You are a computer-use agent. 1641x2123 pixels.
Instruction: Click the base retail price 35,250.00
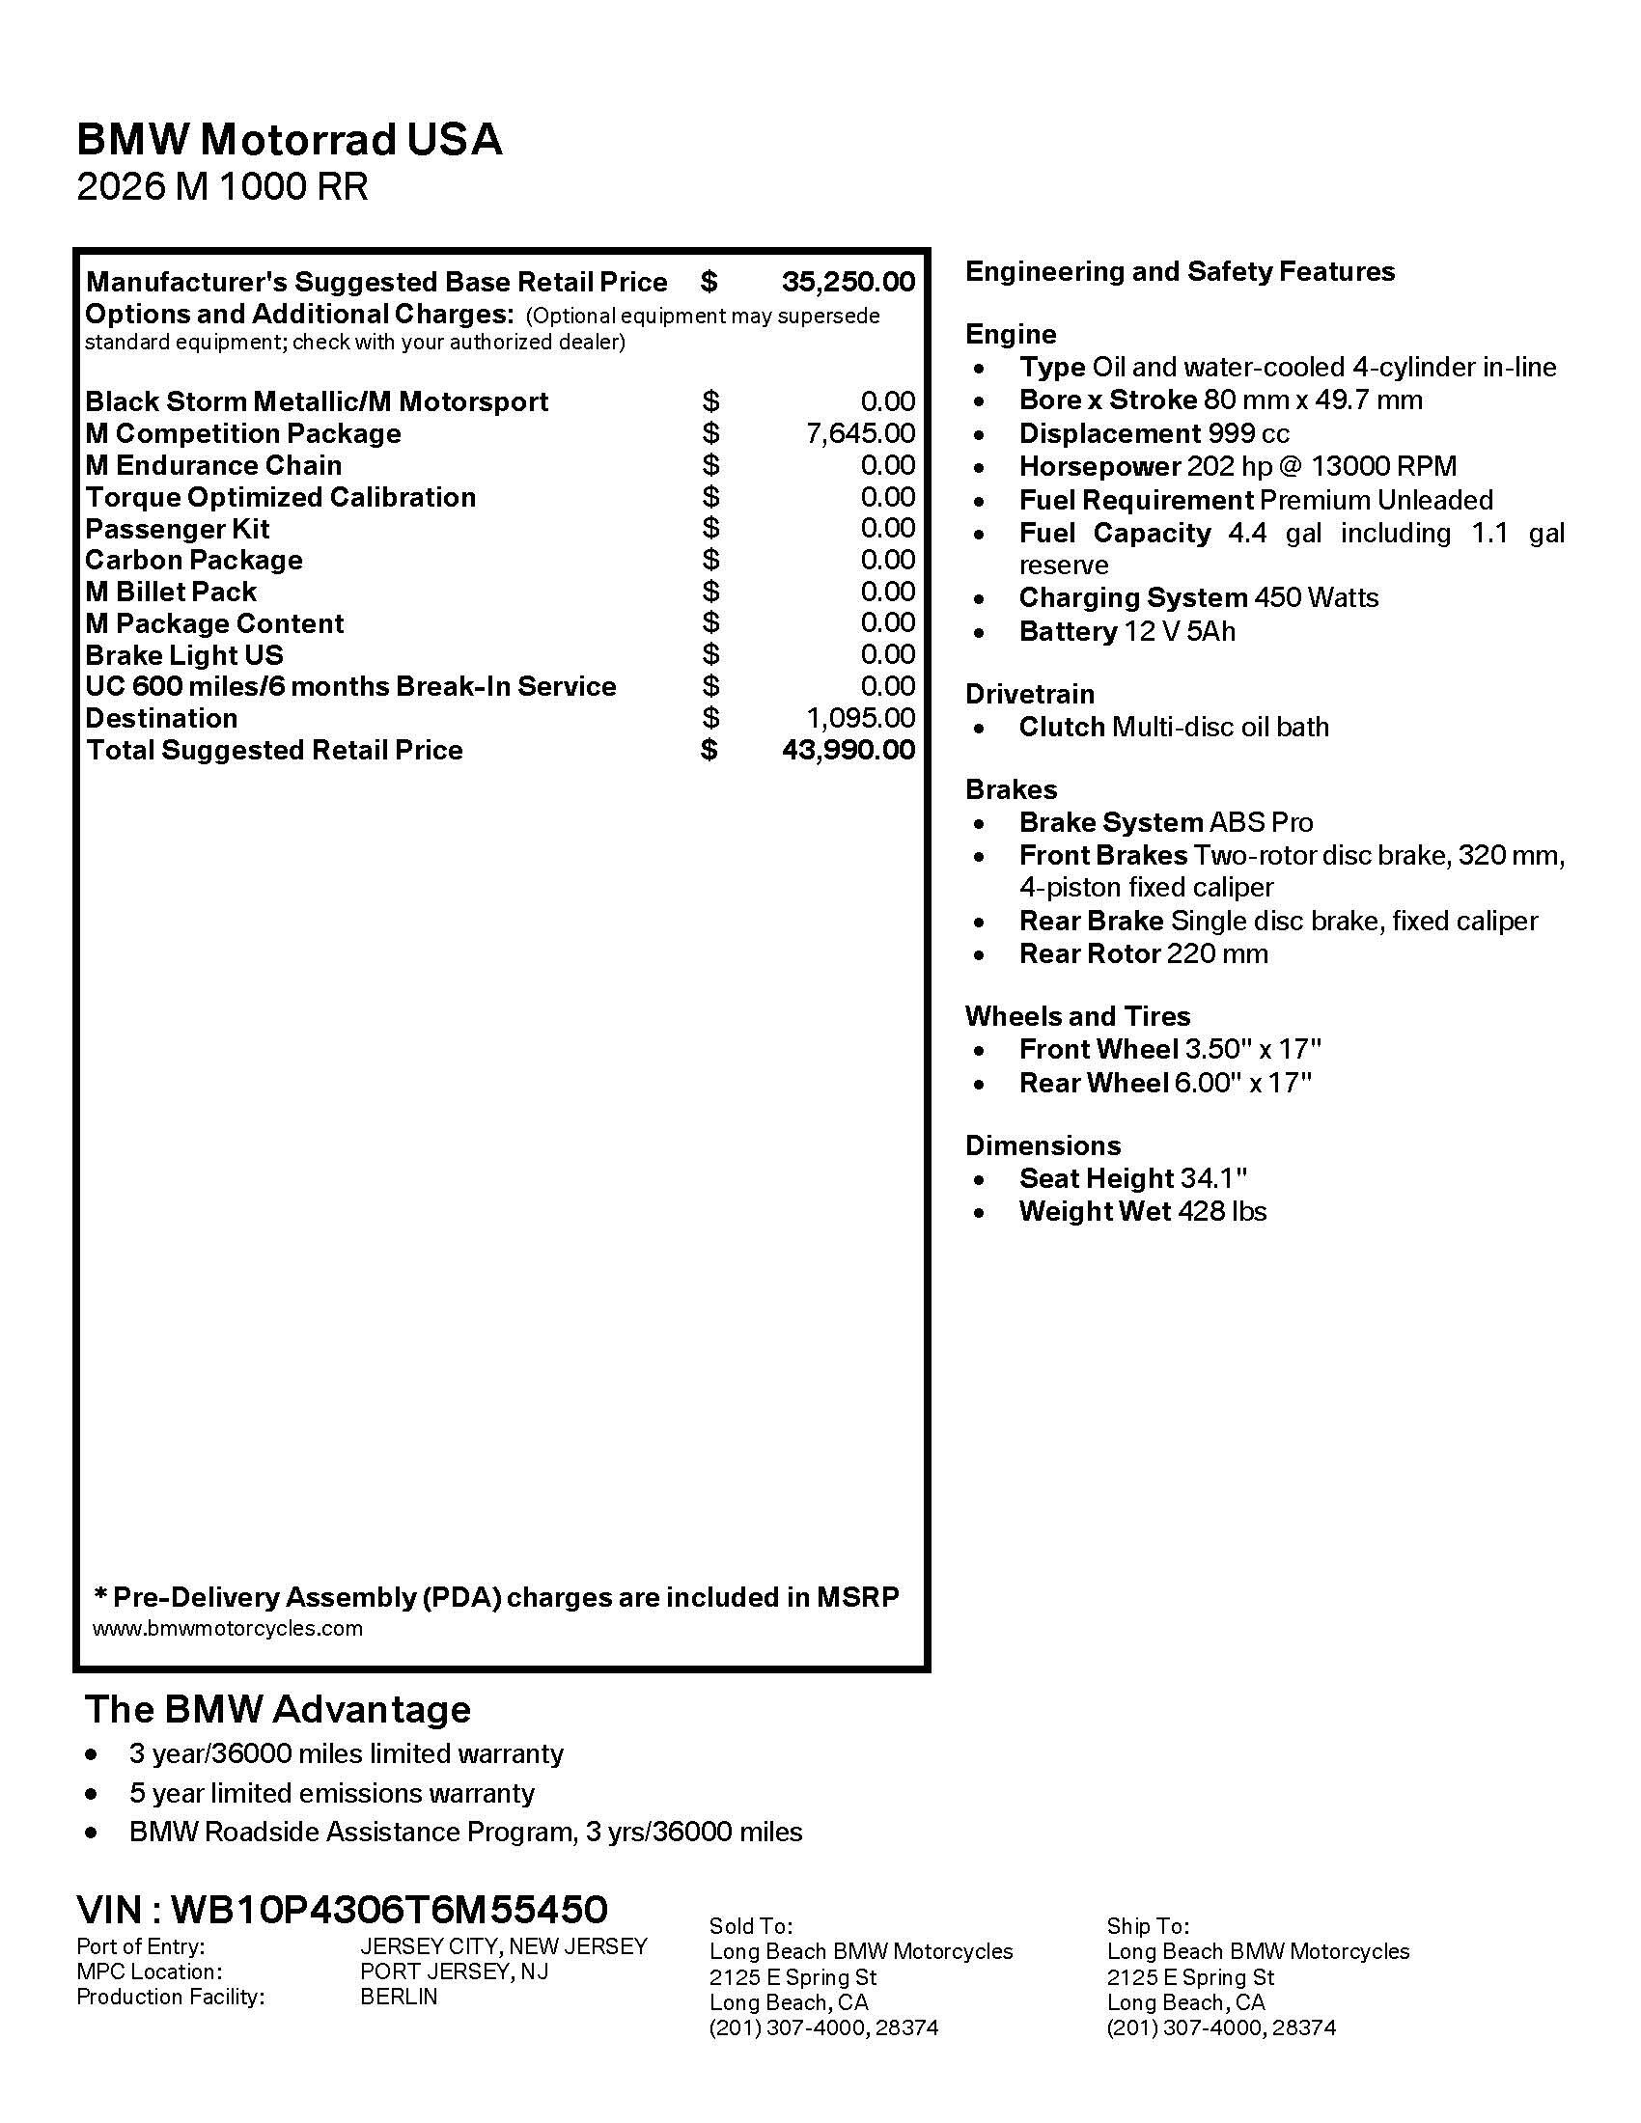(848, 282)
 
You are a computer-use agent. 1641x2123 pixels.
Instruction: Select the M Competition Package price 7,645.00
(860, 432)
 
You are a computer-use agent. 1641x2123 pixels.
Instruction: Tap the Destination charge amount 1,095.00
(860, 717)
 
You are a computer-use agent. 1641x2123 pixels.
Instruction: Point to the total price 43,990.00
(848, 750)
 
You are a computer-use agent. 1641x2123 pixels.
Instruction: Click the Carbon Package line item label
(193, 560)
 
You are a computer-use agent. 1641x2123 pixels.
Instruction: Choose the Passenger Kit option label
(177, 529)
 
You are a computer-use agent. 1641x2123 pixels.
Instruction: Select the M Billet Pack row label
(170, 591)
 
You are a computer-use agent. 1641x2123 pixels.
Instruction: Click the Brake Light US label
(183, 654)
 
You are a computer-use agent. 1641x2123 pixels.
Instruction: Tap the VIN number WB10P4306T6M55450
(389, 1909)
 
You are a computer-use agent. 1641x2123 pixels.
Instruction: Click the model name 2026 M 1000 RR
(223, 185)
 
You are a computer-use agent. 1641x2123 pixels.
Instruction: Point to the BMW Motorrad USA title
(289, 139)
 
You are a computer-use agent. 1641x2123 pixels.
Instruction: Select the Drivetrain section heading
(1030, 693)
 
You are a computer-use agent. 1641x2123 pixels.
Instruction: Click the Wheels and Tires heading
(1077, 1016)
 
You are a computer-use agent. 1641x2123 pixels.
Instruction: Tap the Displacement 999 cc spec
(1154, 432)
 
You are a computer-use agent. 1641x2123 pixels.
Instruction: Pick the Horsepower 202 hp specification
(1237, 467)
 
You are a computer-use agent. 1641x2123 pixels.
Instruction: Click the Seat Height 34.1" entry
(1132, 1178)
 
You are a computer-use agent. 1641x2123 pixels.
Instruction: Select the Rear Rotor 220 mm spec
(1143, 953)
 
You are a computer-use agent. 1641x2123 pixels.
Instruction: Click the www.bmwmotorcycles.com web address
(228, 1628)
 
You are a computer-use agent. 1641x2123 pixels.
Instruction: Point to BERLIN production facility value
(399, 1997)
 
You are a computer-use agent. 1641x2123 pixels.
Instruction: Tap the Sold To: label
(750, 1926)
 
